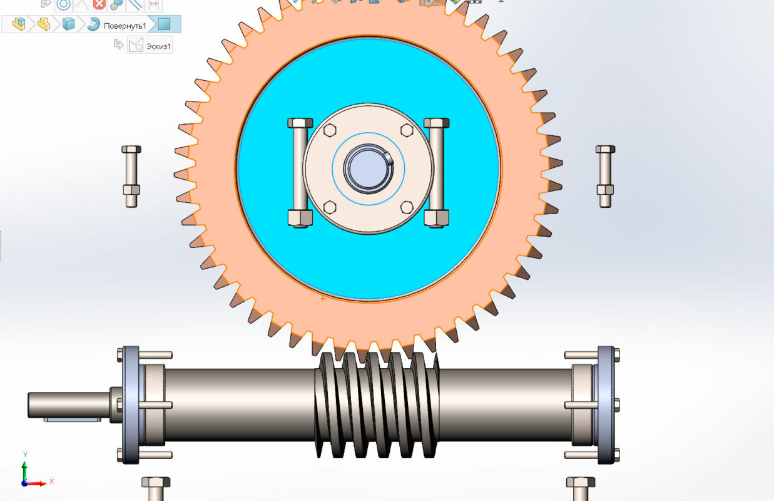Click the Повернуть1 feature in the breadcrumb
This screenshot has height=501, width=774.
[x=125, y=25]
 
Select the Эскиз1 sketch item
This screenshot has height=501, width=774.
[x=158, y=46]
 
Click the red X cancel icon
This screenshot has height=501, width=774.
[x=99, y=5]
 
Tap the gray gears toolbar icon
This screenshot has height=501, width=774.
[x=116, y=5]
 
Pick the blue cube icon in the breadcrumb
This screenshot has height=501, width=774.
[x=68, y=24]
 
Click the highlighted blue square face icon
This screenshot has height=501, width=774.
[x=164, y=24]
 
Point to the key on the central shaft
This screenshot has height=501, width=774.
[x=389, y=157]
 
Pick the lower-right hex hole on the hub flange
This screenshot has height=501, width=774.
[x=407, y=207]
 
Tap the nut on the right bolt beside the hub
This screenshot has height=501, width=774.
[x=436, y=217]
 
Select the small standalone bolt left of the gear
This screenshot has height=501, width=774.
[x=131, y=175]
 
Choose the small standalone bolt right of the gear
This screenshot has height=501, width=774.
[x=605, y=175]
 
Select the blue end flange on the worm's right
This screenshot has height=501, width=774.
[x=605, y=405]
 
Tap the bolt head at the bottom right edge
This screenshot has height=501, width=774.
[x=580, y=483]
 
